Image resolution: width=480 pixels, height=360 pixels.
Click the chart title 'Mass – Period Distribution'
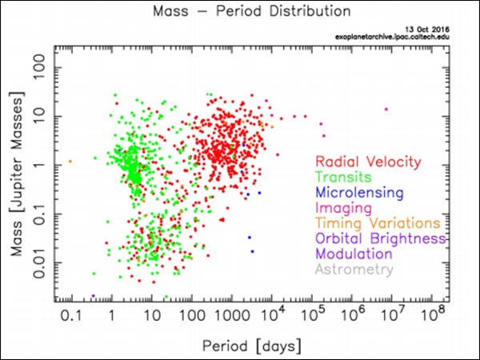240,14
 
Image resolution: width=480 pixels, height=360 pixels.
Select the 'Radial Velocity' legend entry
368,162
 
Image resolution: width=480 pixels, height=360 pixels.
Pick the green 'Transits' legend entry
344,178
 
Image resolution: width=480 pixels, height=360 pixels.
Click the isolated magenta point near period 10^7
386,110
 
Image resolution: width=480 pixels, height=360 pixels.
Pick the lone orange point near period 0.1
70,162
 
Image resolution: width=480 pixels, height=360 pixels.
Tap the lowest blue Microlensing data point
253,251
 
